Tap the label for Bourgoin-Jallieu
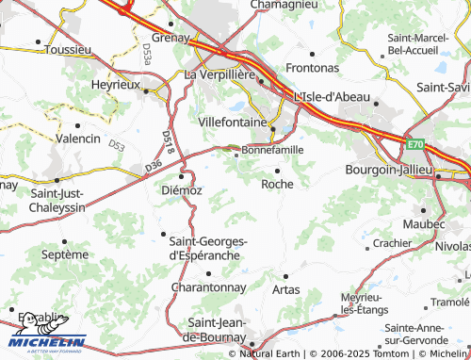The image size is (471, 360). (x=387, y=169)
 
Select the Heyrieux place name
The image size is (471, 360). (x=115, y=84)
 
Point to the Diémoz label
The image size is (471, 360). (x=183, y=188)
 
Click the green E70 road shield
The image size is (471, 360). (x=416, y=144)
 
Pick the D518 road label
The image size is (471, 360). (x=169, y=143)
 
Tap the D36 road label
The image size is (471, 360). (x=154, y=167)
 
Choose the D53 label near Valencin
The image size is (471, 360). (x=116, y=146)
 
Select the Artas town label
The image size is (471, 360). (x=285, y=288)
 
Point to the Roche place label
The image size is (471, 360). (x=278, y=184)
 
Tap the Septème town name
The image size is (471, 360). (x=63, y=254)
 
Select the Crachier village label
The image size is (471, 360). (x=393, y=243)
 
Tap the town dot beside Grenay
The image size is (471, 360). (x=170, y=23)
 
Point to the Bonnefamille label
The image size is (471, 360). (x=273, y=150)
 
